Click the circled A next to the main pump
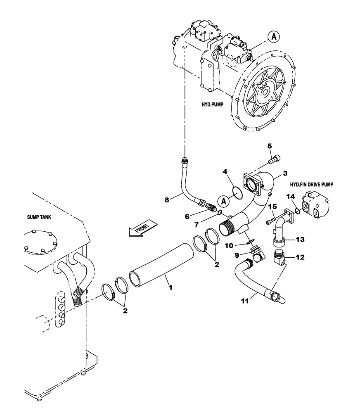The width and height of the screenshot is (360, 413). click(x=275, y=37)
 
